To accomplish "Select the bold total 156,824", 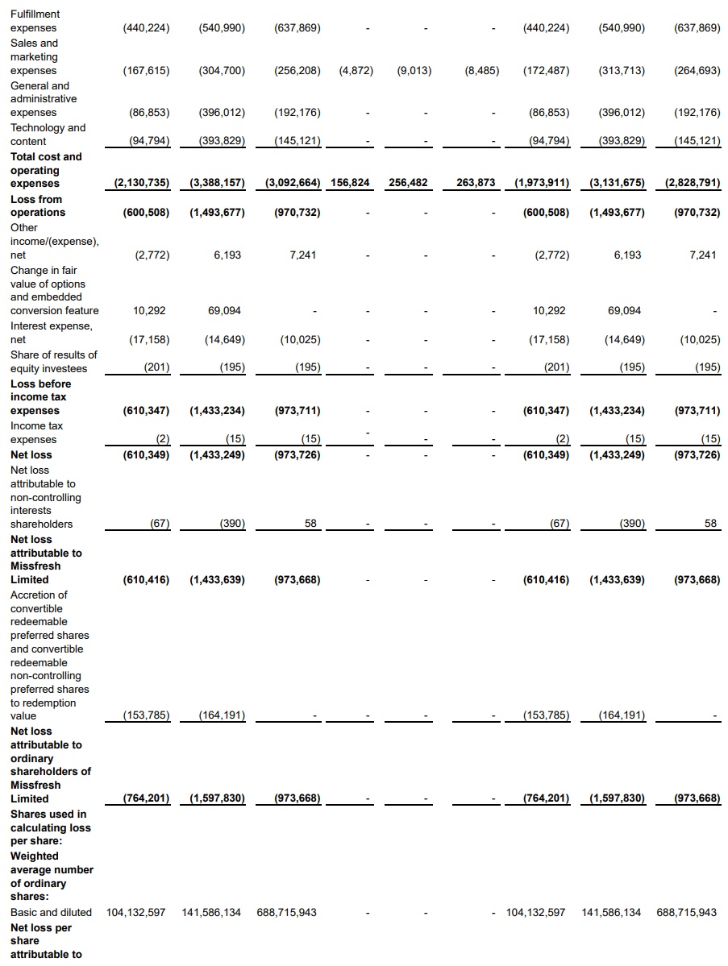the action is (x=350, y=182).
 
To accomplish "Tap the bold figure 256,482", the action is (x=408, y=182).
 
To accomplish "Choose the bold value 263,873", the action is (x=476, y=182).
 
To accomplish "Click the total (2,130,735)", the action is (x=142, y=182).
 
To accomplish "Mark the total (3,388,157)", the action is (x=217, y=182).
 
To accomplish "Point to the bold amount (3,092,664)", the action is (x=293, y=182).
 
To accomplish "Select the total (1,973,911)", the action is (x=542, y=182).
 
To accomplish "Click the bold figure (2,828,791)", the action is (x=693, y=182).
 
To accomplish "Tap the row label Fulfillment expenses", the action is (x=35, y=21).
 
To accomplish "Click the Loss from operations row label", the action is (x=38, y=205).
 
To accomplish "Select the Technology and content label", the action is (x=48, y=135).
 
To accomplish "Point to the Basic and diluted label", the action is (x=51, y=912).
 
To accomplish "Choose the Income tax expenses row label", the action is (x=36, y=433).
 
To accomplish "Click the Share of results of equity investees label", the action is (x=54, y=362).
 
